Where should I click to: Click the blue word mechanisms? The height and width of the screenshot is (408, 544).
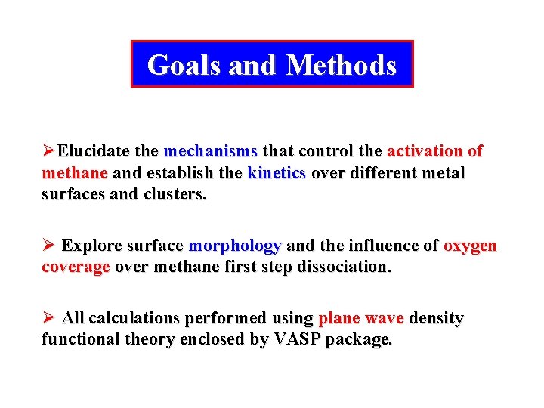click(x=210, y=151)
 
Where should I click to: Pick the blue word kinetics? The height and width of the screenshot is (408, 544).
click(x=276, y=172)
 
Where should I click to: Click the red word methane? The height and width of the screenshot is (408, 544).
click(x=76, y=172)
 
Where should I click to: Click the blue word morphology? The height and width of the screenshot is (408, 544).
click(x=234, y=246)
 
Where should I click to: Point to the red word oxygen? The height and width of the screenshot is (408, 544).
click(x=470, y=246)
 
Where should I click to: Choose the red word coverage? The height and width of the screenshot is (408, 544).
click(x=76, y=267)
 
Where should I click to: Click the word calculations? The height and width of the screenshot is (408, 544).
click(x=134, y=319)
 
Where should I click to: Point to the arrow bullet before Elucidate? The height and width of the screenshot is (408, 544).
click(x=48, y=151)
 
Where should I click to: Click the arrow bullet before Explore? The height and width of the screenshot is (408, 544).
click(x=48, y=246)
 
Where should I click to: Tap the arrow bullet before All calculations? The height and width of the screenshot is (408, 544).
click(x=48, y=319)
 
